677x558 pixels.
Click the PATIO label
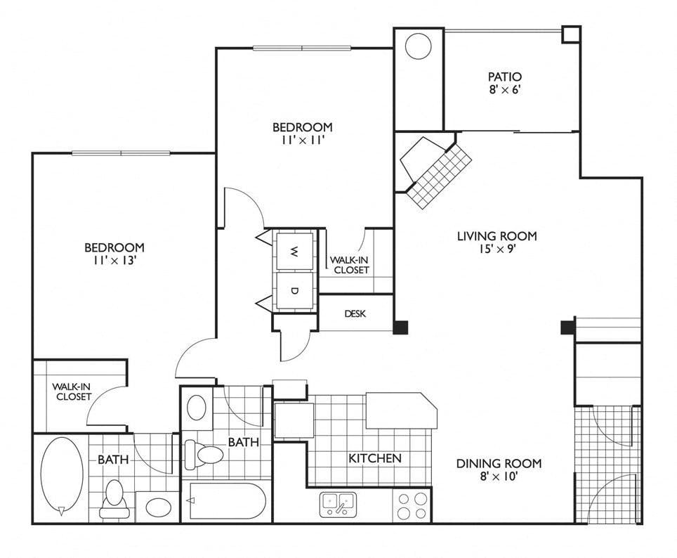point(505,77)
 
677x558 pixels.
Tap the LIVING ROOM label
point(497,236)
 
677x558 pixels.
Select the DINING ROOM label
point(499,463)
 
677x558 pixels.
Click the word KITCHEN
point(375,458)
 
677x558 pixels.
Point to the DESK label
point(355,314)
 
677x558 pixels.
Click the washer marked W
point(295,251)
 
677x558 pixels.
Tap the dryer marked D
point(295,290)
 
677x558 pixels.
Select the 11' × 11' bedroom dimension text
point(302,140)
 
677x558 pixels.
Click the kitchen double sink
point(338,505)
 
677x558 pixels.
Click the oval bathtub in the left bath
point(62,476)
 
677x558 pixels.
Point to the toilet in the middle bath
point(204,455)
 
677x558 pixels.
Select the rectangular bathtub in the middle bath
point(227,501)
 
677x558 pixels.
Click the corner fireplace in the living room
point(435,170)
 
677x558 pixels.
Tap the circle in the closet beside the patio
point(418,46)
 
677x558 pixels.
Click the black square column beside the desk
point(401,327)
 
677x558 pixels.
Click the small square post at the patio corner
point(571,34)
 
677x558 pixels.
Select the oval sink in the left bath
point(159,507)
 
